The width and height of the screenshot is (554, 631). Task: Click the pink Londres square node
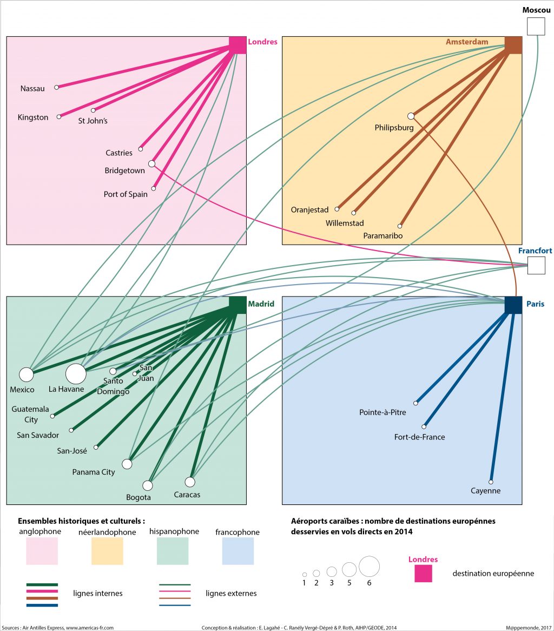click(238, 45)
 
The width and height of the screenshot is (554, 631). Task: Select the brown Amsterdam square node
click(513, 45)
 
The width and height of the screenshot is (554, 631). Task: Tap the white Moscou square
click(536, 26)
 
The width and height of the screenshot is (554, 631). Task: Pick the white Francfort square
click(536, 266)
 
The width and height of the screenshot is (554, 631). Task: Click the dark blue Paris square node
click(513, 305)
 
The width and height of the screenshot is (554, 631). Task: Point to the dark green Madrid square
click(238, 305)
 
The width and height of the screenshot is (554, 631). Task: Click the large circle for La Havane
click(76, 373)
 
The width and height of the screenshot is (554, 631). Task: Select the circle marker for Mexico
click(26, 374)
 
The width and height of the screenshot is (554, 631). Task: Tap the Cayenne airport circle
click(491, 482)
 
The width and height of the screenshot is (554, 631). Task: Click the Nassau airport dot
click(56, 87)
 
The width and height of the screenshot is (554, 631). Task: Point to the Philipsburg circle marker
click(411, 116)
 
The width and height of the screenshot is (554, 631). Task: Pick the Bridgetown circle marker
click(151, 163)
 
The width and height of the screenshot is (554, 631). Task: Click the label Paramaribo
click(383, 236)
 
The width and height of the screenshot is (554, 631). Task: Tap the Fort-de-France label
click(420, 437)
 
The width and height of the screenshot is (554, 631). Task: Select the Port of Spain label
click(126, 194)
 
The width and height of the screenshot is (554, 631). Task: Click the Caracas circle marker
click(189, 482)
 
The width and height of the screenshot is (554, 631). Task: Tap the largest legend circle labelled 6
click(369, 566)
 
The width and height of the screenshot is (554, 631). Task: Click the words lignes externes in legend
click(231, 594)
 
